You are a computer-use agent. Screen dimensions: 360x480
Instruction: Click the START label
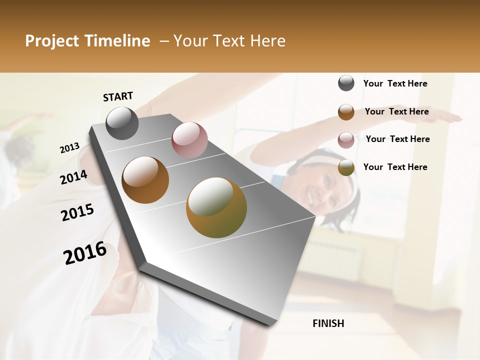pyautogui.click(x=118, y=96)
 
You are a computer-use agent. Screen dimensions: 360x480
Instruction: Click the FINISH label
pyautogui.click(x=328, y=323)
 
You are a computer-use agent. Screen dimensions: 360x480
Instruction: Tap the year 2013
pyautogui.click(x=70, y=147)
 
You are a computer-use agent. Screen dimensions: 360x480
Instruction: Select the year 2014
pyautogui.click(x=73, y=177)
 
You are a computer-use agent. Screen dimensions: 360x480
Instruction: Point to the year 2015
pyautogui.click(x=77, y=212)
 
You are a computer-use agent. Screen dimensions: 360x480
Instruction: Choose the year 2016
pyautogui.click(x=85, y=252)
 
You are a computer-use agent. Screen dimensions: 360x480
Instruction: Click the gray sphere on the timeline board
pyautogui.click(x=122, y=123)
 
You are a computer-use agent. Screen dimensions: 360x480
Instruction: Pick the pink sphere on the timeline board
pyautogui.click(x=189, y=139)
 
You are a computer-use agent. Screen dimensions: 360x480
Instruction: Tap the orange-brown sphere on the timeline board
pyautogui.click(x=145, y=180)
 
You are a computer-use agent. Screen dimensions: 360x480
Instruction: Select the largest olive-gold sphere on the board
pyautogui.click(x=216, y=207)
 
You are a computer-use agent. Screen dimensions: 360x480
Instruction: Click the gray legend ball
pyautogui.click(x=346, y=83)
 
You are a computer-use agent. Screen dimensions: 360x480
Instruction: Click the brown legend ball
pyautogui.click(x=346, y=112)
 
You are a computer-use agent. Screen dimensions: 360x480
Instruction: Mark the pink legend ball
pyautogui.click(x=346, y=140)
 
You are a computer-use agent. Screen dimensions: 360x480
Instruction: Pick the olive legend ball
pyautogui.click(x=346, y=168)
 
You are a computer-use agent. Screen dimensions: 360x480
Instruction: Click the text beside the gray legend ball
pyautogui.click(x=395, y=84)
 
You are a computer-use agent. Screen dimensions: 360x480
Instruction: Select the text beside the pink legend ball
pyautogui.click(x=397, y=139)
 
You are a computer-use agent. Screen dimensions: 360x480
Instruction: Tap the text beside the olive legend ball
pyautogui.click(x=395, y=167)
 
